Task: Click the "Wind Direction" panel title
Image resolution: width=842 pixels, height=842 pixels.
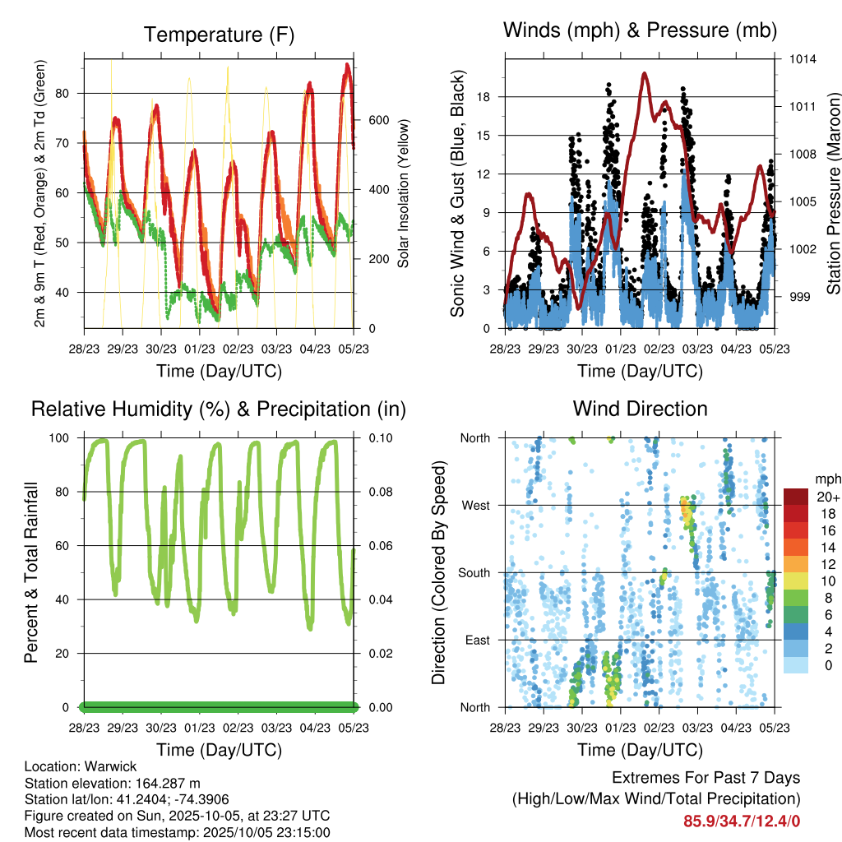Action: tap(640, 409)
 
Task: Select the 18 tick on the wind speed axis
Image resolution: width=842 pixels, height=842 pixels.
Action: tap(483, 97)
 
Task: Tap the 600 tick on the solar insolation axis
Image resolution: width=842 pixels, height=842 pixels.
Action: tap(378, 120)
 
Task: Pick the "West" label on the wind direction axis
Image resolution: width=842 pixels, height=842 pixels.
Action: tap(475, 505)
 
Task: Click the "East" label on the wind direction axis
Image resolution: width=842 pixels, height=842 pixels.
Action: tap(476, 640)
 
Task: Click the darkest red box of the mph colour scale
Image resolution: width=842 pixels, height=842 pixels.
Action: tap(796, 497)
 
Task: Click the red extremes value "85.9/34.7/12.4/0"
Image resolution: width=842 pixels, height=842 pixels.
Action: tap(741, 821)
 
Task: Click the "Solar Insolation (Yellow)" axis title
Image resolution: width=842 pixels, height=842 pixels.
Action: tap(403, 193)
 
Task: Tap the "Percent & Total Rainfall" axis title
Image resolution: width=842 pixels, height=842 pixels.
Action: tap(30, 572)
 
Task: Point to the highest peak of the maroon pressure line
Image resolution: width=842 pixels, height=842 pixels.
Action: tap(645, 73)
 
